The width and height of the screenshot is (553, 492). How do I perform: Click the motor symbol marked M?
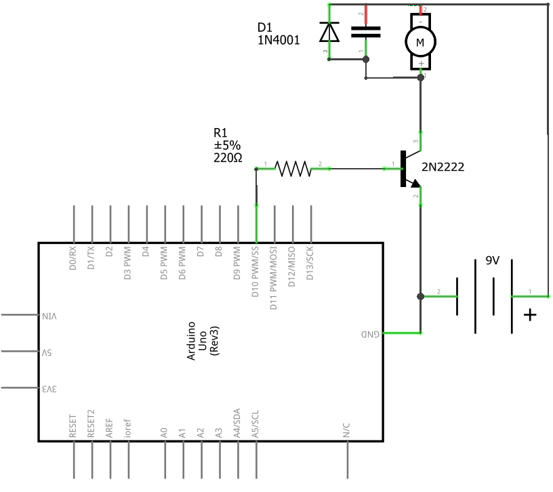point(420,42)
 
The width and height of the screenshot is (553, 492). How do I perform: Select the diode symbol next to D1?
point(329,32)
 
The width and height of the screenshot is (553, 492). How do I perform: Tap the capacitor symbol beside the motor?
point(365,31)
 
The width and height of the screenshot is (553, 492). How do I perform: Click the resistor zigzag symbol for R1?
point(292,168)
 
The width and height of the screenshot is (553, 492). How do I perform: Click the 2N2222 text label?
point(443,167)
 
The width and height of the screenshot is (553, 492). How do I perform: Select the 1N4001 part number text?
point(278,40)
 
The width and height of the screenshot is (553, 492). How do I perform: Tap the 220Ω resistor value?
point(228,158)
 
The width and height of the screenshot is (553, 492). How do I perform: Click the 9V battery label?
point(493,260)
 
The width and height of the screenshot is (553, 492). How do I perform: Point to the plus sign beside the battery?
point(530,315)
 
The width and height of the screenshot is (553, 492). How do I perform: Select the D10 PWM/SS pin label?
point(256,272)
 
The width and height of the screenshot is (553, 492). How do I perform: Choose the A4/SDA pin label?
point(237,424)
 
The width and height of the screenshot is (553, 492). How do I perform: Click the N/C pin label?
point(347,429)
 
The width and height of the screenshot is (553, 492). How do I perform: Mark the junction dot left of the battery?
point(421,297)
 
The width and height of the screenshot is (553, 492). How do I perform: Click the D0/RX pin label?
point(73,258)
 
